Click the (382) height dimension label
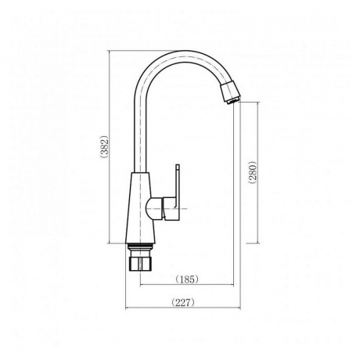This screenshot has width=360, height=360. coord(104,146)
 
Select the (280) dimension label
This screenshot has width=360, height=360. coord(253,172)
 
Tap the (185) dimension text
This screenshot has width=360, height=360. coord(187,279)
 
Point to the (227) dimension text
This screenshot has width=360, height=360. coord(183,303)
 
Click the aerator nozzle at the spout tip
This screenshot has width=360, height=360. coord(231,93)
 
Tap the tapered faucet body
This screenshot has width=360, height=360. coord(140,207)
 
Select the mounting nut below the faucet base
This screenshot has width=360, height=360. coord(141,261)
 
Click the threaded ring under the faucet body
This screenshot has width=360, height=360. coord(141,247)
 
